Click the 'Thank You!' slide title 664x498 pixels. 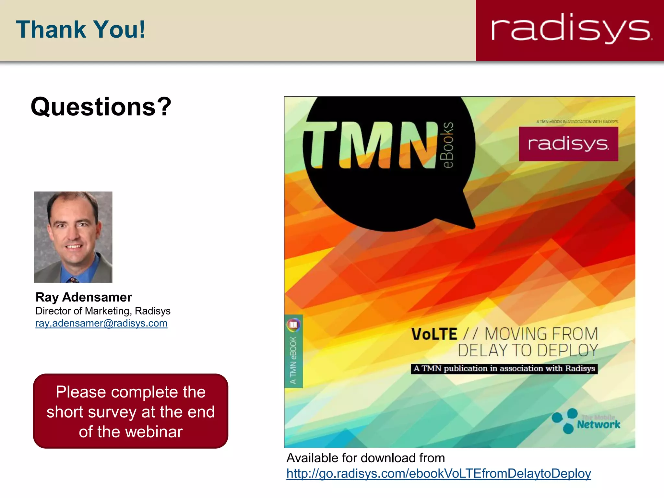coord(81,30)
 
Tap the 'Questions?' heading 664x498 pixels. coord(101,107)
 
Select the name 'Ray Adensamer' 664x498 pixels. coord(84,297)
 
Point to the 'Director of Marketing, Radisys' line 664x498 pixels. coord(103,311)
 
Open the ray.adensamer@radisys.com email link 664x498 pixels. coord(101,323)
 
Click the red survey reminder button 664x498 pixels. coord(131,411)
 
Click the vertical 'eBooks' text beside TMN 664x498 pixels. coord(448,145)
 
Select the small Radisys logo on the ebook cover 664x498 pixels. coord(568,144)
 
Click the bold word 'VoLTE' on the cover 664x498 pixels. coord(434,334)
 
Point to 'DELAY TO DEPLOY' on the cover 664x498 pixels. coord(528,350)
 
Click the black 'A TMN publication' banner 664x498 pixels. coord(504,369)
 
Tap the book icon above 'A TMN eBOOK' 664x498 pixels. coord(293,325)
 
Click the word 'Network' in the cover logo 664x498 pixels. coord(599,424)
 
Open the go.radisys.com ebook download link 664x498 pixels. coord(439,474)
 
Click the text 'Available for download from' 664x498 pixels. coord(366,458)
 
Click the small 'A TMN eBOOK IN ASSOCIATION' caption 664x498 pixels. coord(577,122)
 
